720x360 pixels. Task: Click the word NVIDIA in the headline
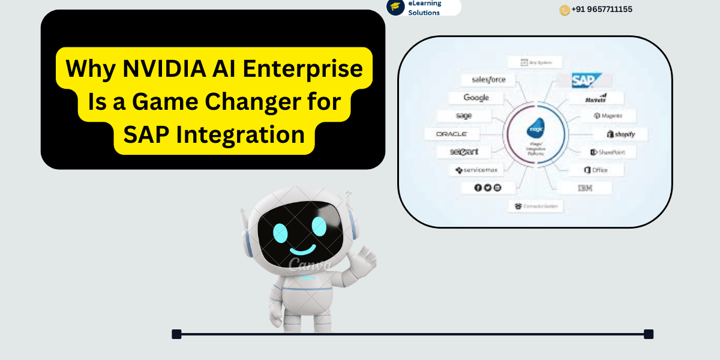point(157,69)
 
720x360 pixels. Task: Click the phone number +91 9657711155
point(602,10)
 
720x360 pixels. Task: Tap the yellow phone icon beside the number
point(565,10)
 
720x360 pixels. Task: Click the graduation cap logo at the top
point(395,7)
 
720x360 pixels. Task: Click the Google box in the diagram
point(476,98)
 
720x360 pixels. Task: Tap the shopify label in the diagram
point(621,134)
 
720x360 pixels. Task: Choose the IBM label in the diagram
point(586,188)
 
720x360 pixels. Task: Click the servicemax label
point(476,170)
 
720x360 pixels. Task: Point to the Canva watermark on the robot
point(310,264)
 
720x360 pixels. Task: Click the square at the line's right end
point(648,334)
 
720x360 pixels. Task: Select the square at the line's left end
point(176,334)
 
